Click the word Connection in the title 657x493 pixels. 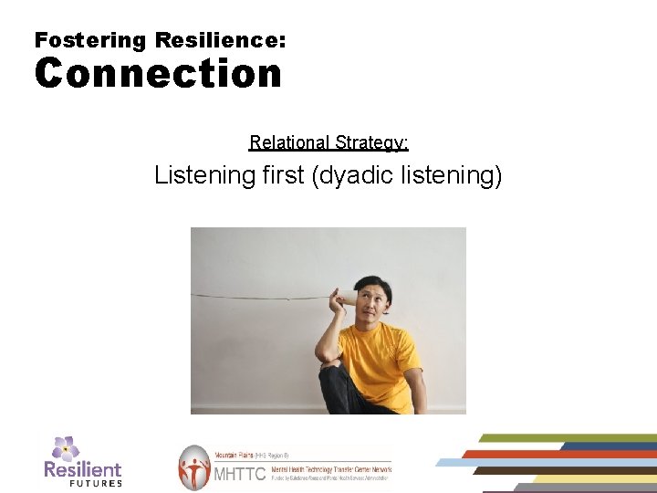click(x=158, y=74)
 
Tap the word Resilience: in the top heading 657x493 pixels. click(x=221, y=40)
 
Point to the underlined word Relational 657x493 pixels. click(x=289, y=142)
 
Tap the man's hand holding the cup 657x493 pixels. click(x=335, y=306)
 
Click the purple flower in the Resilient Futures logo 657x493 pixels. click(x=65, y=447)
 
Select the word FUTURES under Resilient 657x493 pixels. click(x=96, y=483)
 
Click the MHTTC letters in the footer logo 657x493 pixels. click(x=238, y=474)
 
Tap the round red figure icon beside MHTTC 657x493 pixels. click(x=193, y=467)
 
